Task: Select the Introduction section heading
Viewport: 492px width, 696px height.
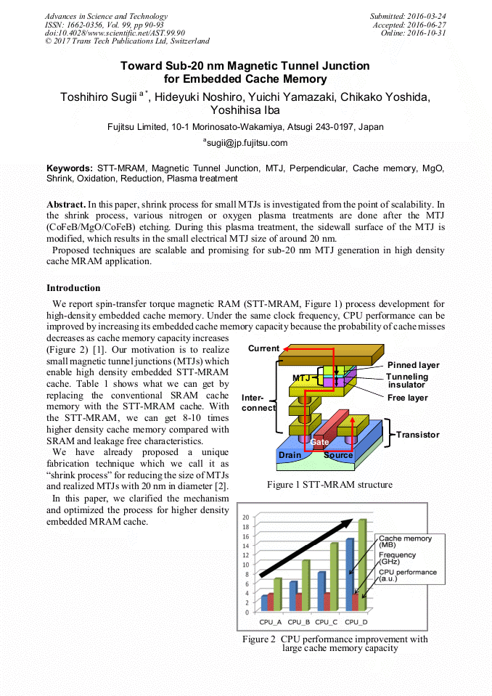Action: (73, 288)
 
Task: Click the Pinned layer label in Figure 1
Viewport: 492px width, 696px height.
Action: (413, 365)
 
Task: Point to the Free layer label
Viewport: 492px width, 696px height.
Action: (407, 398)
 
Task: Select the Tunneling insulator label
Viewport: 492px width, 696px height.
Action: (407, 381)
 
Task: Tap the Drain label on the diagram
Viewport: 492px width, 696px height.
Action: (290, 455)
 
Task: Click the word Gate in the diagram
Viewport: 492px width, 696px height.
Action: (320, 441)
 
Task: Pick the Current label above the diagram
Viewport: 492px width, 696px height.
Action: (263, 349)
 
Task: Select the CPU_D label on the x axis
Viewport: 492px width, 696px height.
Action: (356, 622)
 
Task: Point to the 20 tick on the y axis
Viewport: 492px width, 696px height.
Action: (245, 517)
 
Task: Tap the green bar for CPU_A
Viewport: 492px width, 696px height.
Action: (277, 594)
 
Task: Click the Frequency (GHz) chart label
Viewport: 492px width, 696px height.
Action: (398, 558)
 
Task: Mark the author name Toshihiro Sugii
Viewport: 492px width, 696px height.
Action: (104, 97)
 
